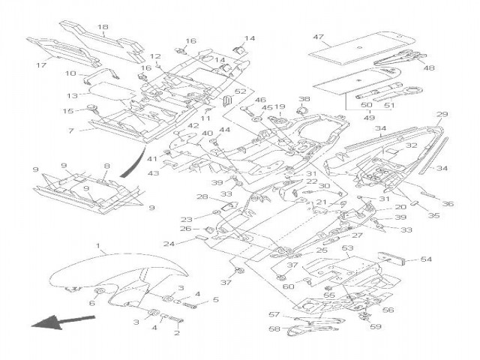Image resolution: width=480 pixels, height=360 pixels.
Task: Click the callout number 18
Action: (103, 27)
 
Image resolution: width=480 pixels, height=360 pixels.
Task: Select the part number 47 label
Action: (318, 37)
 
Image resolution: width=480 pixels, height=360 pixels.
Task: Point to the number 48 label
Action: (429, 68)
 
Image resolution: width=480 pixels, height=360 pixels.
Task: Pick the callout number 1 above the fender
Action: (97, 245)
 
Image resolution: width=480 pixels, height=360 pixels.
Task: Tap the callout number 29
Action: (442, 115)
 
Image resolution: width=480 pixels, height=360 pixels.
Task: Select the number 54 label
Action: (425, 259)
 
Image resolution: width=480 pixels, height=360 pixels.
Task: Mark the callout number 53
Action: (347, 247)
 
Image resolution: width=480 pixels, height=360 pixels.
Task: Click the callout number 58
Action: (274, 329)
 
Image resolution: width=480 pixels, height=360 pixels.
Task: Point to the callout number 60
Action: (288, 286)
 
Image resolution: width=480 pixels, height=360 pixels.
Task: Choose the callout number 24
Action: (169, 244)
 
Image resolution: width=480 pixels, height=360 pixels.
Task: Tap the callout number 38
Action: (304, 99)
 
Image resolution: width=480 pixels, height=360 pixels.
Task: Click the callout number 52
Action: (241, 91)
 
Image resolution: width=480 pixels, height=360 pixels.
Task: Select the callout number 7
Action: (71, 130)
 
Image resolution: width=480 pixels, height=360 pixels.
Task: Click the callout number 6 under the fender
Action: (94, 303)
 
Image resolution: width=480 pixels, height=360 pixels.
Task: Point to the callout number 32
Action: (411, 147)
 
